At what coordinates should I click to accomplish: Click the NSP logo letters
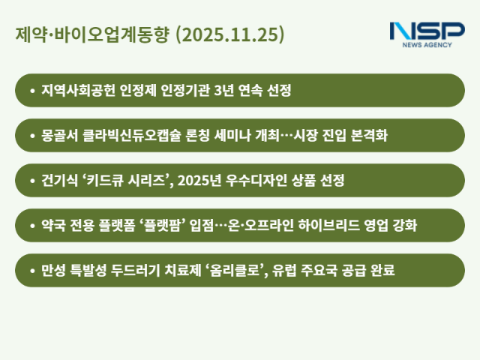tap(427, 31)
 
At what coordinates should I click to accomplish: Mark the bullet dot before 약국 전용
tap(32, 226)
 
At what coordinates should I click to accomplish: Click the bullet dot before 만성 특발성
tap(32, 270)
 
